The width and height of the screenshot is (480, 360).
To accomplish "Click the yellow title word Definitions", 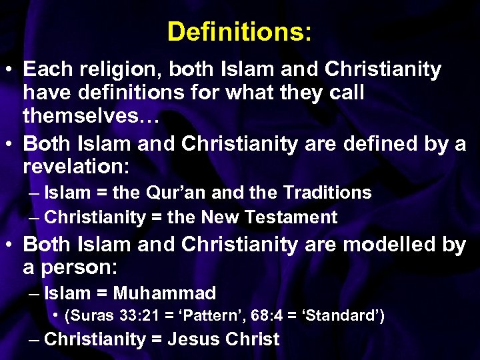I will [238, 31].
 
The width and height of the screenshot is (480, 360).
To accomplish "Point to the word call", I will [345, 93].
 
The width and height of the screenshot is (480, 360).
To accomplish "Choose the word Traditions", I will [327, 193].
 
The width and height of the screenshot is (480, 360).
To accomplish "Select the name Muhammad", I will [165, 293].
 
